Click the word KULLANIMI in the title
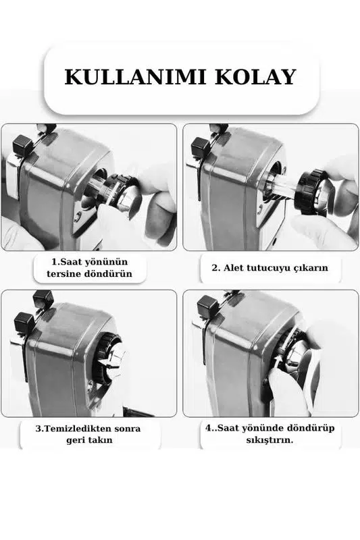(x=135, y=77)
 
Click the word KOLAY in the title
(x=255, y=77)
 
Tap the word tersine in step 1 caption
(x=63, y=274)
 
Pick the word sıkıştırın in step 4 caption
(x=269, y=440)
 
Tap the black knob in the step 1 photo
(x=22, y=144)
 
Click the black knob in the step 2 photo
(x=200, y=146)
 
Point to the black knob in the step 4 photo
(x=208, y=305)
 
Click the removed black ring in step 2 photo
(x=309, y=192)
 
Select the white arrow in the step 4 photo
(x=278, y=363)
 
